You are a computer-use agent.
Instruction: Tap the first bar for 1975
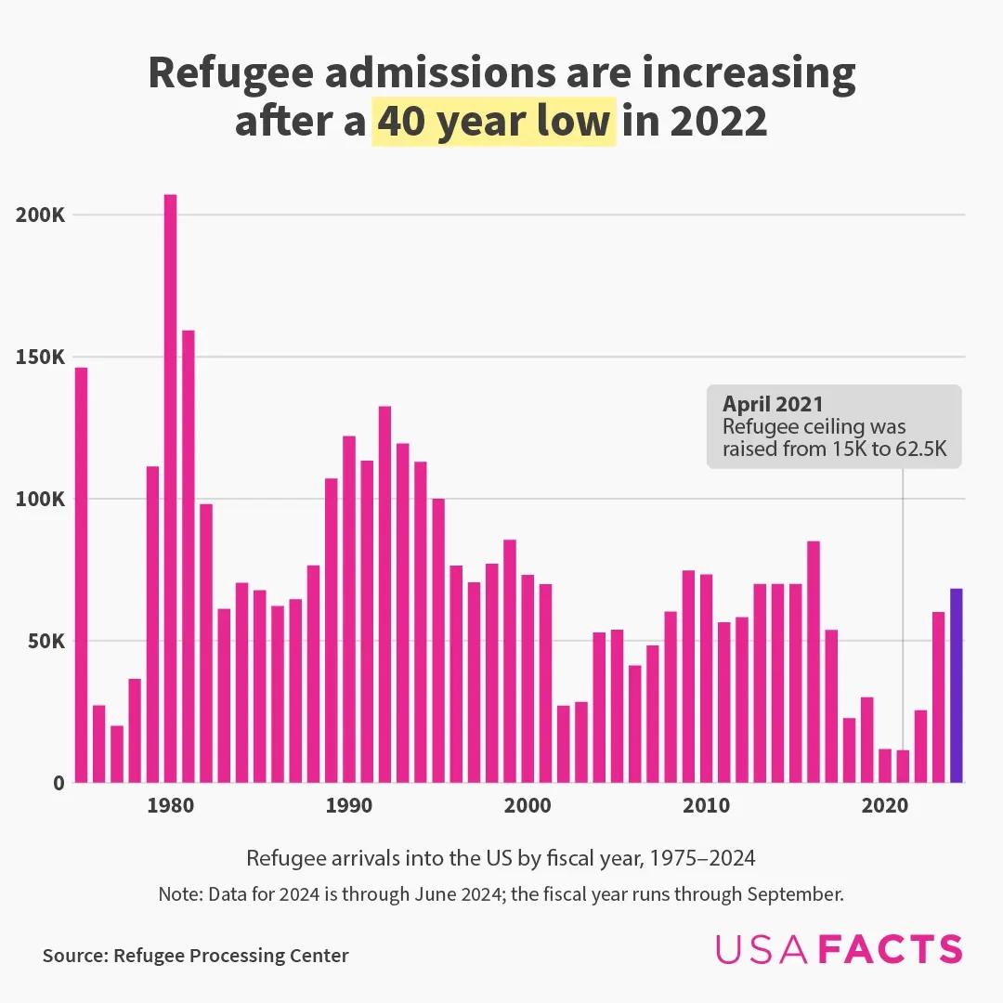click(x=81, y=575)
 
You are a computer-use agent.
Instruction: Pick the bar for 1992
click(x=384, y=594)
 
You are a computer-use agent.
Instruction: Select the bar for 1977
click(x=117, y=754)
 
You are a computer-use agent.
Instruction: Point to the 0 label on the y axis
click(x=59, y=783)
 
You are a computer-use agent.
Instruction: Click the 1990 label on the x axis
click(x=348, y=805)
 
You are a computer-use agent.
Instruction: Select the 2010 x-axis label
click(x=706, y=805)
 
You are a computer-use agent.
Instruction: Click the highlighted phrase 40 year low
click(x=493, y=122)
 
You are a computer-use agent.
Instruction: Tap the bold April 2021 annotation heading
click(x=773, y=404)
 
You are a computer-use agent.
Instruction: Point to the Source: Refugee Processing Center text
click(x=195, y=956)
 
